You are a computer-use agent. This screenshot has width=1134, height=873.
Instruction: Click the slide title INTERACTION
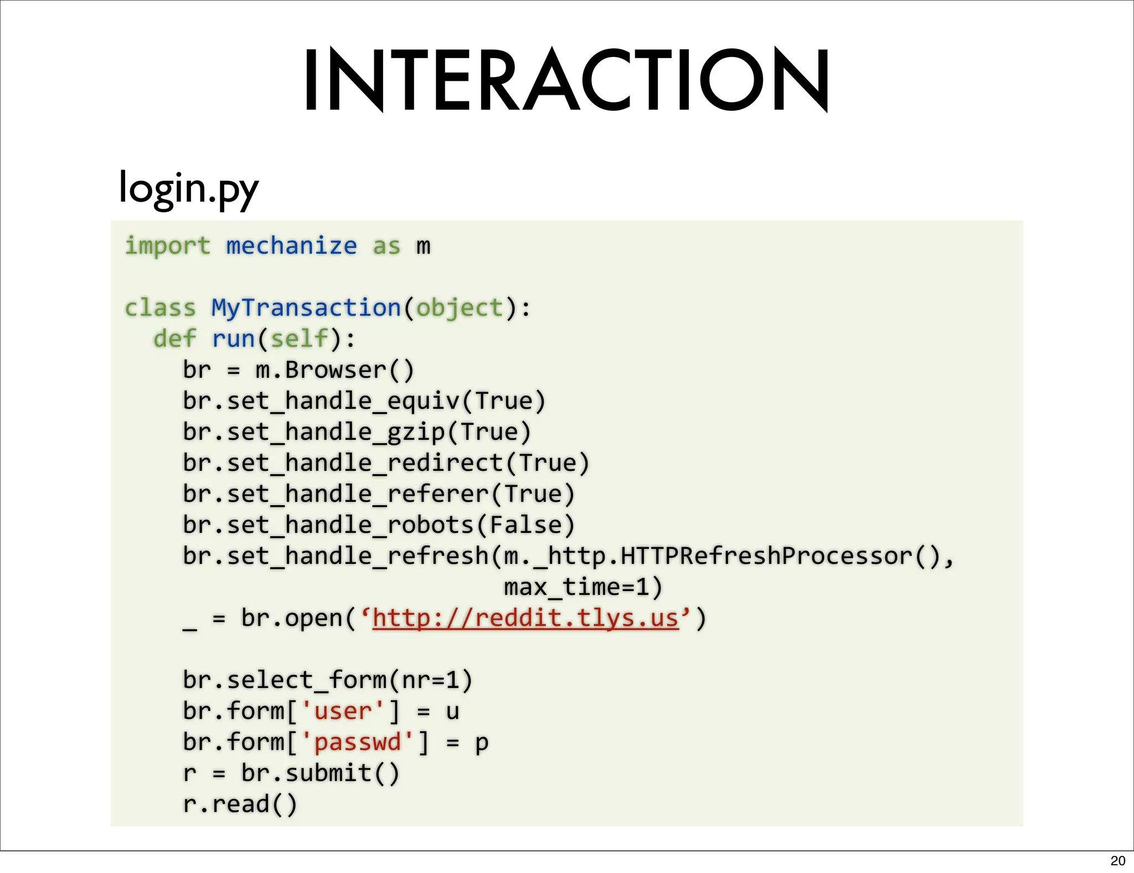click(x=566, y=80)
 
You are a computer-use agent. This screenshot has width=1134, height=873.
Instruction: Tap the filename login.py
click(x=188, y=188)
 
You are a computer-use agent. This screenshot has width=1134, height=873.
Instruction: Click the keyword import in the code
click(x=167, y=246)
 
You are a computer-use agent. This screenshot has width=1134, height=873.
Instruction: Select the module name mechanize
click(x=291, y=246)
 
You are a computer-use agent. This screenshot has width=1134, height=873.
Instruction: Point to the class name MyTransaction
click(x=306, y=308)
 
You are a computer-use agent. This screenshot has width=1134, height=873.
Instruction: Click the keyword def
click(x=174, y=338)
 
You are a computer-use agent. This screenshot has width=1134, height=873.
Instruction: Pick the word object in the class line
click(x=459, y=308)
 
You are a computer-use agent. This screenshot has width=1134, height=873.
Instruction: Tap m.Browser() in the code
click(x=334, y=370)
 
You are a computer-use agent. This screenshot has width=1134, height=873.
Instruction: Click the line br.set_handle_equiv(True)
click(x=364, y=401)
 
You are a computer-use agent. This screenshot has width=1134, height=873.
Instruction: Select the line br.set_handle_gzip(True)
click(x=357, y=432)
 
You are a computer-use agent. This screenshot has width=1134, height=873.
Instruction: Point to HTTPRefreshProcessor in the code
click(x=766, y=556)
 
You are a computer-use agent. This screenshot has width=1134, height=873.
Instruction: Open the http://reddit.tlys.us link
click(x=525, y=618)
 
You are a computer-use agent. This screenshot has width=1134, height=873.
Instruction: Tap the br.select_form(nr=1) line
click(x=327, y=680)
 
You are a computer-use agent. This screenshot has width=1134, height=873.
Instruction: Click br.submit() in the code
click(x=320, y=773)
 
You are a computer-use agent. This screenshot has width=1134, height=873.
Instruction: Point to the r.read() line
click(x=240, y=804)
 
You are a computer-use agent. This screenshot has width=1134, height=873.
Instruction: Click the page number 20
click(x=1117, y=861)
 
